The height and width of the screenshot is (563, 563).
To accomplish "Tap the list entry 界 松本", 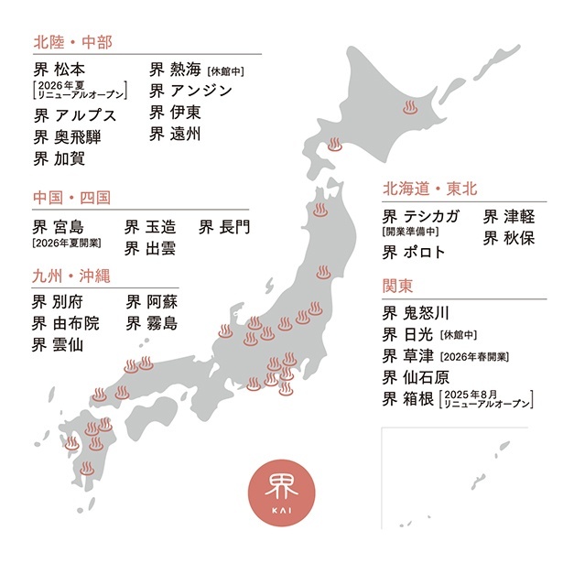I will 62,70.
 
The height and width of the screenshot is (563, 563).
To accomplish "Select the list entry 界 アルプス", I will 76,115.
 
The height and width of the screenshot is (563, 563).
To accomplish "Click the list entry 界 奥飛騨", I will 69,137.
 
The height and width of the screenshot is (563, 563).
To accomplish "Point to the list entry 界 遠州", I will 175,135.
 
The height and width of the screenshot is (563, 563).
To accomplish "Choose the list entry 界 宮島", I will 61,225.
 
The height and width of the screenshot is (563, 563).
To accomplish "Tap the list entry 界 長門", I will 224,225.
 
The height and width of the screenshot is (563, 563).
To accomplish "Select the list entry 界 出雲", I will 151,247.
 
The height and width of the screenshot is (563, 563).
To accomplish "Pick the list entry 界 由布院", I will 68,322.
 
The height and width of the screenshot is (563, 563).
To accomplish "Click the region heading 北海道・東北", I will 430,189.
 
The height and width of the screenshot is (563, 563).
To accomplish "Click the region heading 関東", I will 398,285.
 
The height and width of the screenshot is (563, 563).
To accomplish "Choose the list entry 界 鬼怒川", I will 417,312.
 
